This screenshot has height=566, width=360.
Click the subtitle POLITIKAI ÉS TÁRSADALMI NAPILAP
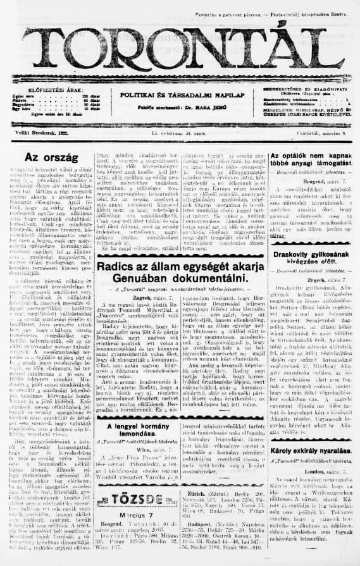pos(179,94)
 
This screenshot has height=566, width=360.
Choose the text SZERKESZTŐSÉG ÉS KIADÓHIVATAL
pos(302,90)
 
